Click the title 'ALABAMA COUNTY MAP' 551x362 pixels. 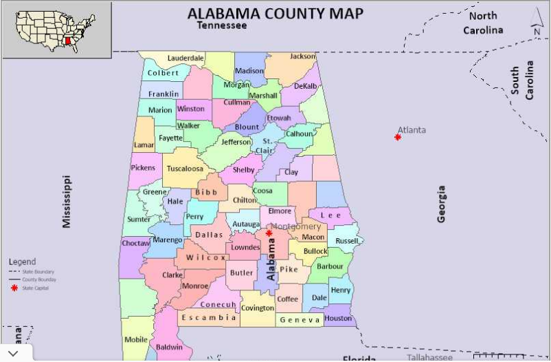(275, 13)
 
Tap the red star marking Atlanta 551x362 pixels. (398, 138)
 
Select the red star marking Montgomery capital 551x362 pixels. (269, 233)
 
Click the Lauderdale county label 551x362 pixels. (185, 58)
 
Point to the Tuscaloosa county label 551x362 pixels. (185, 169)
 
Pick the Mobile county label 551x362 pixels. (135, 339)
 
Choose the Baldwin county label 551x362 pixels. (169, 348)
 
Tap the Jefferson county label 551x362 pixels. (236, 142)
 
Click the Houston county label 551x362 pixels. (338, 319)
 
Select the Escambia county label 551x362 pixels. (209, 318)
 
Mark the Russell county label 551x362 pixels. (347, 241)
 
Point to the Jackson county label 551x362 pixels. (302, 56)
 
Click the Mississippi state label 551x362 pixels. (67, 201)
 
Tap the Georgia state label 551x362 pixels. (442, 204)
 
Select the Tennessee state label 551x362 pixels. (221, 25)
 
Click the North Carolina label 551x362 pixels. (483, 23)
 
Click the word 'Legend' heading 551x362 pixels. (22, 262)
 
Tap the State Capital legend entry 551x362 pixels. (34, 288)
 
